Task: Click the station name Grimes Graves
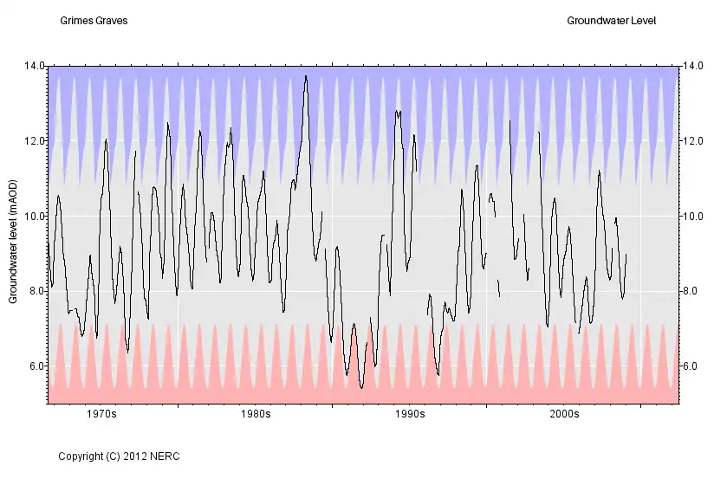[94, 20]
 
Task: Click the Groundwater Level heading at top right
[612, 20]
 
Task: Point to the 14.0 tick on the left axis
[35, 66]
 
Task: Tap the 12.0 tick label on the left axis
[35, 141]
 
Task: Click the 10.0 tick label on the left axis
[35, 217]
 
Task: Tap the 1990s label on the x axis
[410, 415]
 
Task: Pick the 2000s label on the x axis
[564, 415]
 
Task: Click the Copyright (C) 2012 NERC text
[119, 456]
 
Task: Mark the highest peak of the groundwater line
[306, 76]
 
